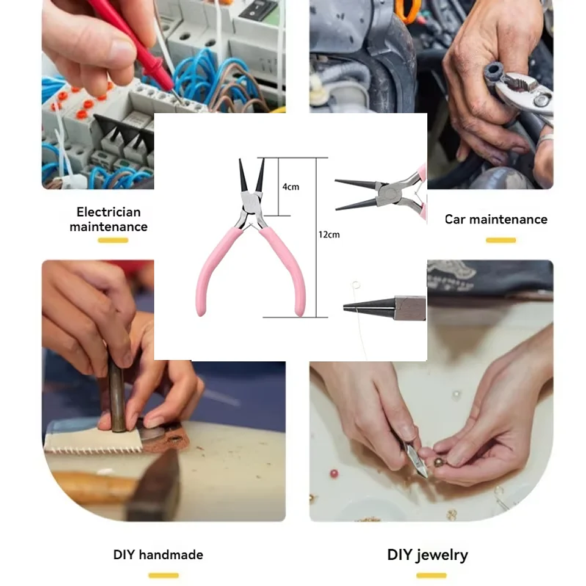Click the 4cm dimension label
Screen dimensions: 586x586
[291, 186]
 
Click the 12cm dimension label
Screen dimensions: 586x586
[329, 234]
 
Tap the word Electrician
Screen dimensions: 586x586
[109, 212]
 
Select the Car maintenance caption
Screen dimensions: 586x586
[496, 219]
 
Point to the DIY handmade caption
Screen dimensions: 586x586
[158, 555]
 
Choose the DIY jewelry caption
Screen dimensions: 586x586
[427, 555]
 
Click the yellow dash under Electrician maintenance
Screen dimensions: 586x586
[113, 240]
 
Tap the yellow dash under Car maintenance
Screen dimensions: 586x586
[501, 240]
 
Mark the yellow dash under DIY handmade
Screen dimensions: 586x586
[164, 575]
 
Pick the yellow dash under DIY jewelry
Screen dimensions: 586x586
[431, 575]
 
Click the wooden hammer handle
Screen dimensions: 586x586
[92, 486]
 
